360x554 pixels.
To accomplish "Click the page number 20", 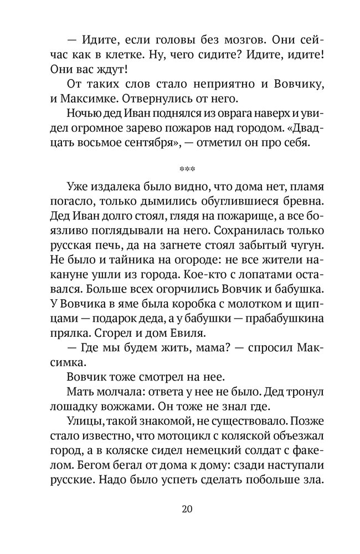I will coord(180,509).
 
